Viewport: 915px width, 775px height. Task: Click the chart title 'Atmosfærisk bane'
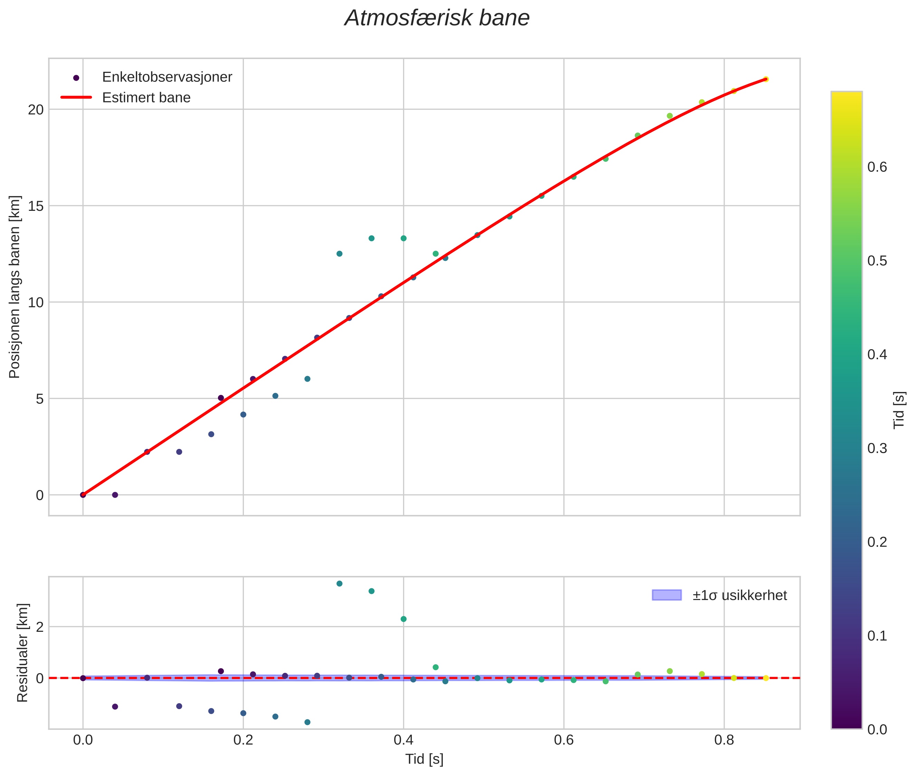coord(437,18)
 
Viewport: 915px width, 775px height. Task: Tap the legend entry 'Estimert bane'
coord(146,98)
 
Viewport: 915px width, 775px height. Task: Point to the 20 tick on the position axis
coord(36,109)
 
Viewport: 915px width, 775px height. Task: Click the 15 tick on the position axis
coord(36,206)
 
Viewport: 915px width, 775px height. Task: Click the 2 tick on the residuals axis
coord(40,627)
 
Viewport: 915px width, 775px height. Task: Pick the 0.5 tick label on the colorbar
coord(877,261)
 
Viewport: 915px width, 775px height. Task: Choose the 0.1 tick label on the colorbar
coord(877,636)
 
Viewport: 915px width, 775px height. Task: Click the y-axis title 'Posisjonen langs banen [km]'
coord(15,287)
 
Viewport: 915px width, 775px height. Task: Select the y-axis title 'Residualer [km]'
coord(22,653)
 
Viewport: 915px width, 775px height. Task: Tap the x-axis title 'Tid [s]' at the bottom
coord(424,759)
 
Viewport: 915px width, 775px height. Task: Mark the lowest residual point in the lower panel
coord(307,722)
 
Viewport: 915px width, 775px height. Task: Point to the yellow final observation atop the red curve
coord(765,79)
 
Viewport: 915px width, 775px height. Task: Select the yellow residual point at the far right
coord(765,678)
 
